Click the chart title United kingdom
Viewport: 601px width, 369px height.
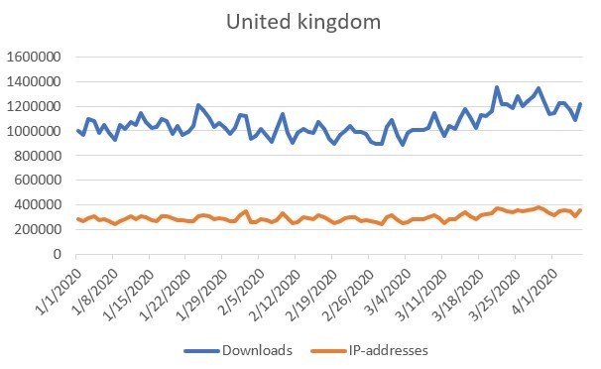[300, 21]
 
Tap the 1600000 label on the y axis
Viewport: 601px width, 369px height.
[36, 57]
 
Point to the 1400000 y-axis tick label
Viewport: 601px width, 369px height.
[36, 81]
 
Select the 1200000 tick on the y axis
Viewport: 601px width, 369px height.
[36, 106]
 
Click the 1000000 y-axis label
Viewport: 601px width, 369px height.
[36, 131]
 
